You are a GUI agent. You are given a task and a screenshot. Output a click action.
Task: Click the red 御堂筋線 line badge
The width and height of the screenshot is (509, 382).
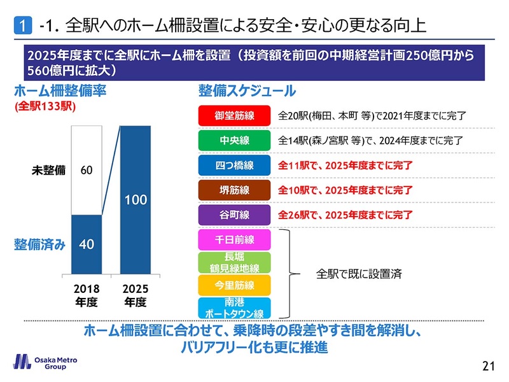pos(235,116)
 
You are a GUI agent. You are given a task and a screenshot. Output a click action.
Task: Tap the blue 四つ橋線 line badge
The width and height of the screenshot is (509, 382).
pos(235,166)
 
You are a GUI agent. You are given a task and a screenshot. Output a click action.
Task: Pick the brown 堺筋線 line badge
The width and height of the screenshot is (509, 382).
pos(235,190)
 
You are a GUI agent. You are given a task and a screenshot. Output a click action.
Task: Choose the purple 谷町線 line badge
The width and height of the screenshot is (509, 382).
pos(235,215)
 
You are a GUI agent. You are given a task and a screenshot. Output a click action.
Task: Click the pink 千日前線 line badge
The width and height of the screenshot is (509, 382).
pos(235,239)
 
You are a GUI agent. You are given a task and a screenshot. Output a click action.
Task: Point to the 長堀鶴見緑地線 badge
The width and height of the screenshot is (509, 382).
pos(235,263)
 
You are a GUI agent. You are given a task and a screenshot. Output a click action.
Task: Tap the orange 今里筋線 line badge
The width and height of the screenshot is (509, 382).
pos(235,285)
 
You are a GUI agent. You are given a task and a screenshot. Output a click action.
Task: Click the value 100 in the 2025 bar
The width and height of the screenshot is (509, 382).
pos(136,200)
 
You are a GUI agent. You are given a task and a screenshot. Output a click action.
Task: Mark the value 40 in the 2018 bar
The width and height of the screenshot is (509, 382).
pos(87,244)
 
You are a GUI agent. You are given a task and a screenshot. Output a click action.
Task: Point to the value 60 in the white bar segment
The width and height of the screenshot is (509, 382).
pos(87,171)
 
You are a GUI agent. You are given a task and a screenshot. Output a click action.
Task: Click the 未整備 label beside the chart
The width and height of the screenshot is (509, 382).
pos(50,171)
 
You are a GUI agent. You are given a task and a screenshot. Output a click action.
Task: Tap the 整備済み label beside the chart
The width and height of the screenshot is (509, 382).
pos(39,244)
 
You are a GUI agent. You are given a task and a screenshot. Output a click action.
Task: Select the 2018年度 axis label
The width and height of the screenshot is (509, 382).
pos(87,295)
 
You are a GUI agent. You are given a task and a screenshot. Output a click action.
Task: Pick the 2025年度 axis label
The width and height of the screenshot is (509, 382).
pos(135,295)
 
